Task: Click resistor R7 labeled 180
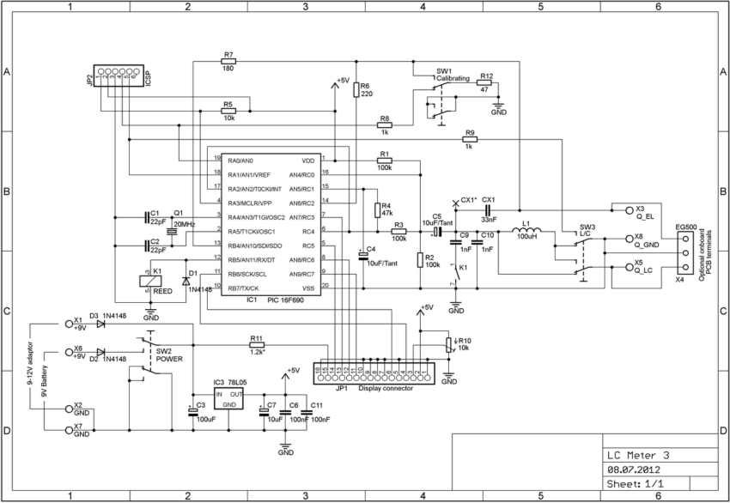point(228,62)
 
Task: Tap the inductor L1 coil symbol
point(527,230)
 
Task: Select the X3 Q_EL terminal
point(615,209)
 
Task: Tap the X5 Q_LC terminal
point(615,268)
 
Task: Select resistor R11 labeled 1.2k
point(256,346)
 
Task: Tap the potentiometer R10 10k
point(447,345)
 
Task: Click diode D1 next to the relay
point(186,281)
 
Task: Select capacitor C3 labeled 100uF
point(193,410)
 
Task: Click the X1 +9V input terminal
point(69,324)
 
